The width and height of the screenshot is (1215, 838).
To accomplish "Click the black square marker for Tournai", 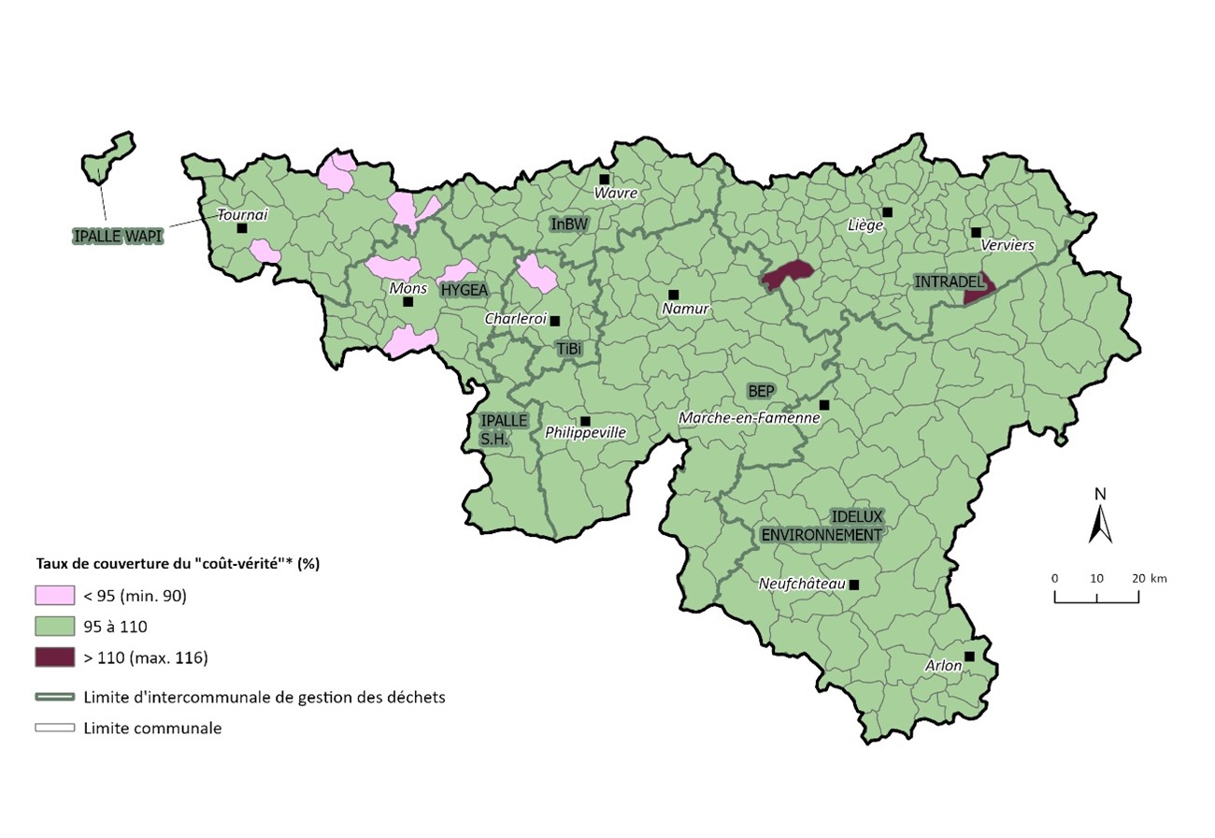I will (x=242, y=228).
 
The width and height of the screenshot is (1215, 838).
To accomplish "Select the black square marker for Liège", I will (x=887, y=212).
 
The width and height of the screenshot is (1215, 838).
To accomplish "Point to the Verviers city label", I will (x=1008, y=245).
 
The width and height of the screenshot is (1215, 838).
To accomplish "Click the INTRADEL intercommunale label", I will (x=950, y=282).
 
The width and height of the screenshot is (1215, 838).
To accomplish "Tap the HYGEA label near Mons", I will (x=465, y=290).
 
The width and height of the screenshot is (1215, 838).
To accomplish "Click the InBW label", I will (x=569, y=224).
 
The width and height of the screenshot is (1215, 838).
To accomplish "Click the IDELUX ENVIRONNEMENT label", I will (x=822, y=526).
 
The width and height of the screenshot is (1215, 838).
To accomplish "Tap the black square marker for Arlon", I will (x=969, y=657).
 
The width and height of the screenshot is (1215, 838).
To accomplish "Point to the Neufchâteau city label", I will (x=801, y=585).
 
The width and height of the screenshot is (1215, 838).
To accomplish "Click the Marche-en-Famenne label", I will (x=750, y=418).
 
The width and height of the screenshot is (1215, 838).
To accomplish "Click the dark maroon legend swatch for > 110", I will (x=54, y=657).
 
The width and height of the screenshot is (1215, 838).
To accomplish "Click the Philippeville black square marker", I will (x=585, y=421).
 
